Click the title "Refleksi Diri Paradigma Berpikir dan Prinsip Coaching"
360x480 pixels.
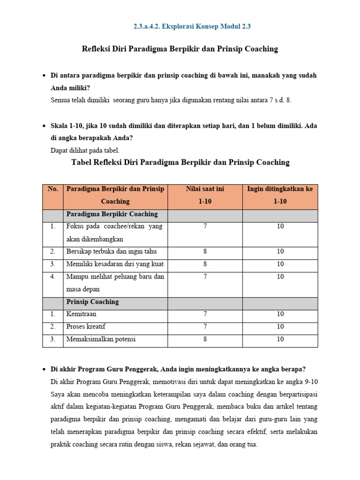coord(180,49)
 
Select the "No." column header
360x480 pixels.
coord(53,189)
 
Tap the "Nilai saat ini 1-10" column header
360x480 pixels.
coord(205,195)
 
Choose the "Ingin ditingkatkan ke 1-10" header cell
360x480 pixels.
coord(280,195)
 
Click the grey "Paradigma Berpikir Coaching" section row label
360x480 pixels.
coord(112,214)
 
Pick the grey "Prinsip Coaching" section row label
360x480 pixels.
coord(92,302)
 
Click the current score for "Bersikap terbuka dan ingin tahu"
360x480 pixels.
coord(205,252)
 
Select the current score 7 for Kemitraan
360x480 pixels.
coord(205,314)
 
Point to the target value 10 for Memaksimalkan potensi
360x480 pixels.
coord(280,339)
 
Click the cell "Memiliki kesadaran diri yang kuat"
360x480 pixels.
coord(115,264)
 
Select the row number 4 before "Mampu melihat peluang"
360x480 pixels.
coord(53,277)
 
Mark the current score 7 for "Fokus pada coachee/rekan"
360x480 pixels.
coord(205,226)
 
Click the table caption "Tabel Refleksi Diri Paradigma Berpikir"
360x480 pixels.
coord(180,163)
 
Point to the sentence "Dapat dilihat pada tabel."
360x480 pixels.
coord(85,150)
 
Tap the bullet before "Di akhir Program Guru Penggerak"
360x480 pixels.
coord(44,370)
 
